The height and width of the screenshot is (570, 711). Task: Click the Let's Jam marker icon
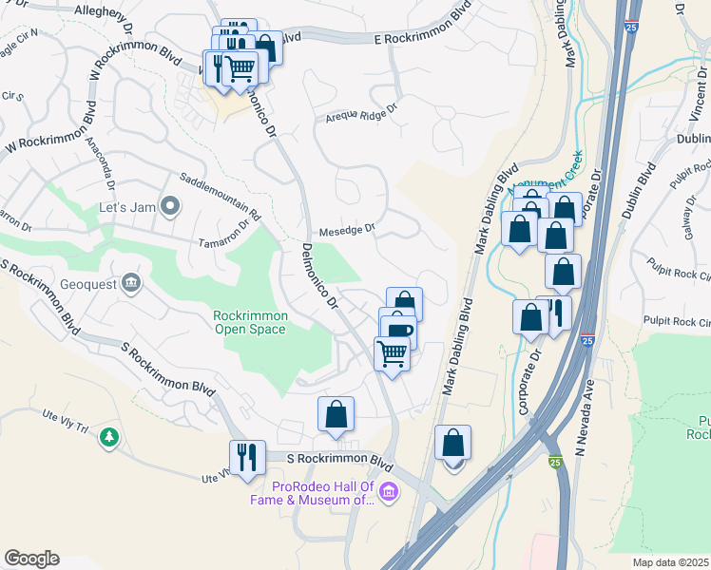coord(170,205)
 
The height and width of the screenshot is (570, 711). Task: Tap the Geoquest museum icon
coord(131,281)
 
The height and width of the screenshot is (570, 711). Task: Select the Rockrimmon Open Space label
coord(249,322)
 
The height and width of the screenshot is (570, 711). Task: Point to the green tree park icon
coord(110,437)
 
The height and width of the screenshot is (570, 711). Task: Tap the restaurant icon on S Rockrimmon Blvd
coord(247,456)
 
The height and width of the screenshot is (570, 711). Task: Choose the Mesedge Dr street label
coord(347,229)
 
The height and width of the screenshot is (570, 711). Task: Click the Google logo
coord(31,559)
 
